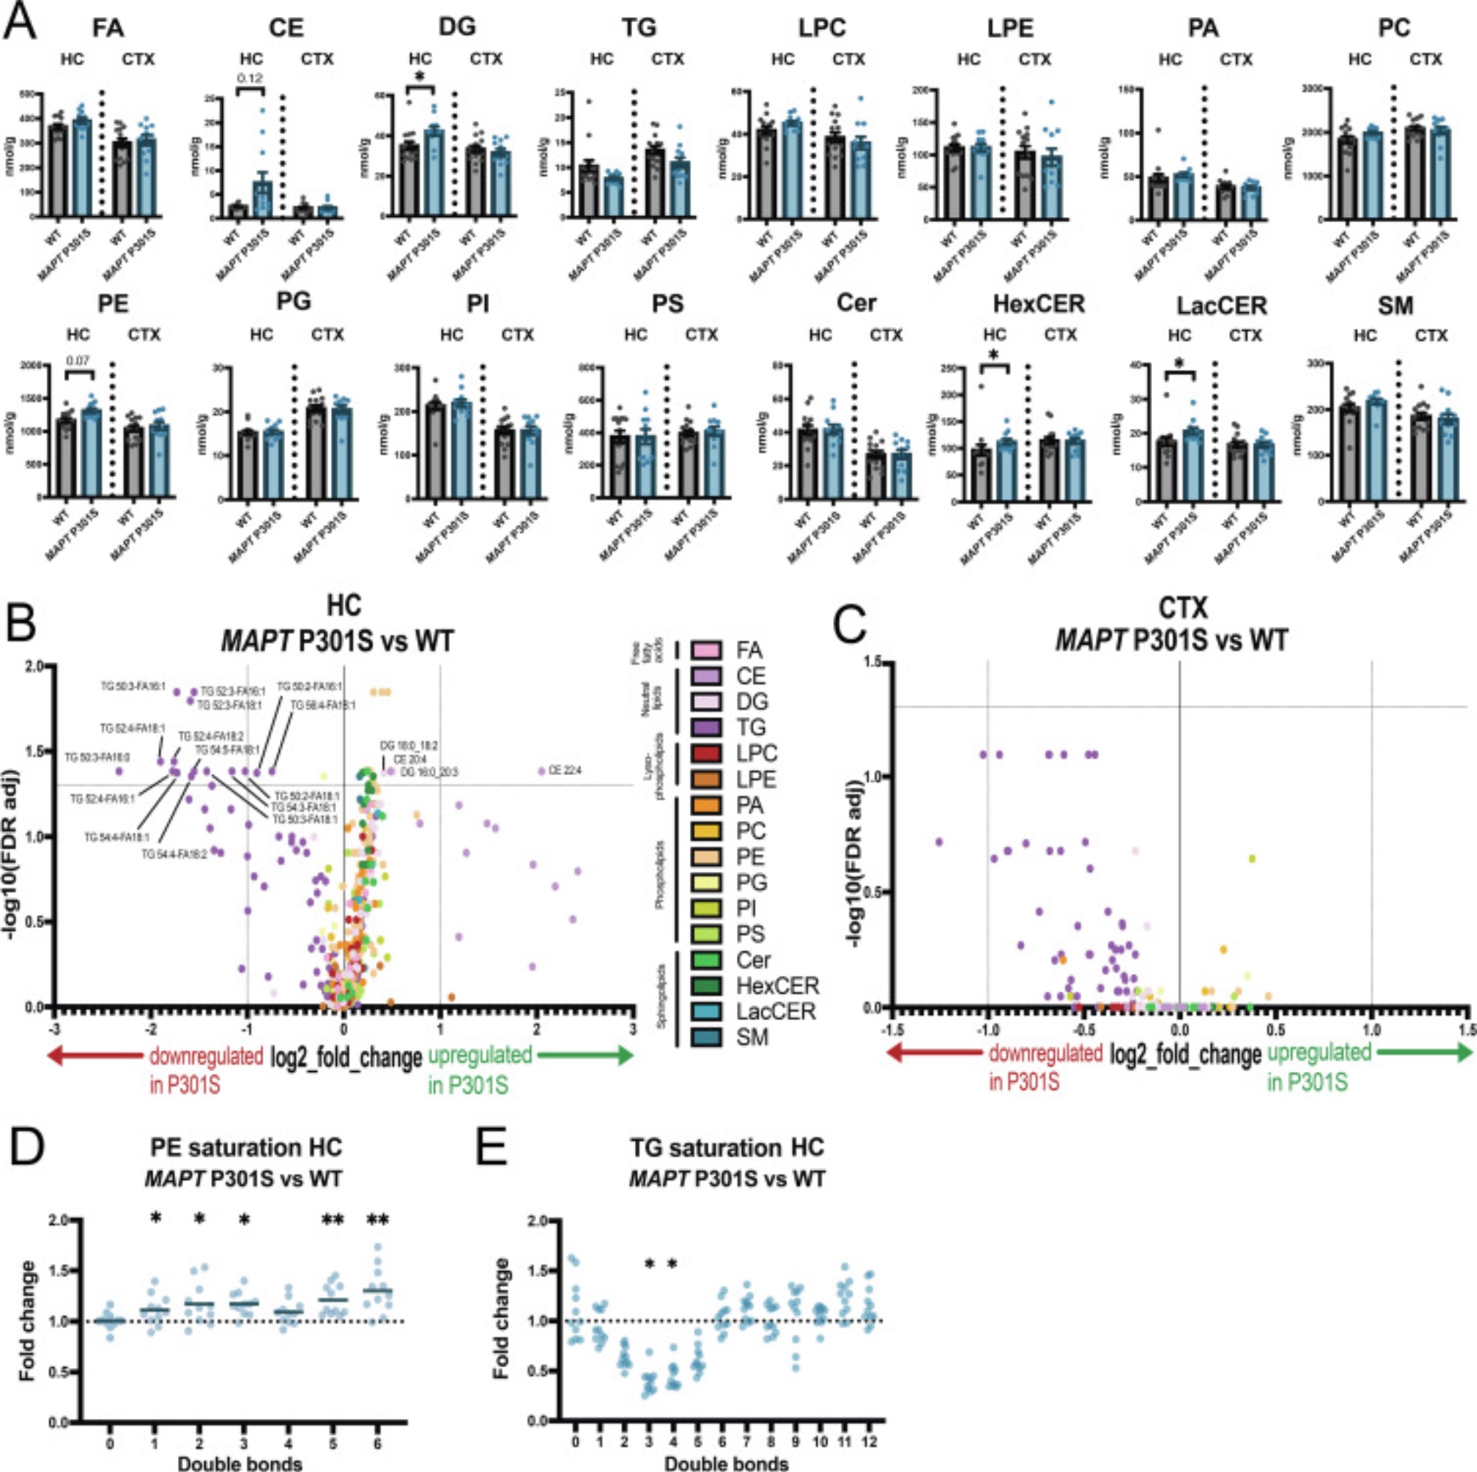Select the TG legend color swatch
click(707, 728)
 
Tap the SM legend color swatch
click(707, 1037)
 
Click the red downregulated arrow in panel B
click(95, 1056)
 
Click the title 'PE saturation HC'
click(246, 1148)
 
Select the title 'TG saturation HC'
click(727, 1148)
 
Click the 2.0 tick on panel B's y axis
click(35, 667)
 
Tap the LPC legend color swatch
click(707, 754)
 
